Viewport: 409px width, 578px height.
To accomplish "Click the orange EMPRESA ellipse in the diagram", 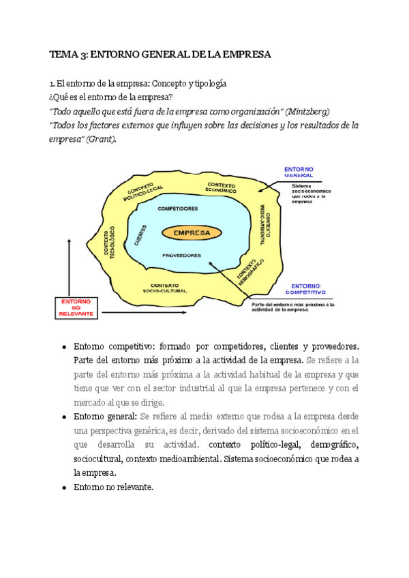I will (192, 233).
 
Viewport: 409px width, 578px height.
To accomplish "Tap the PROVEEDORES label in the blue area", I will (181, 256).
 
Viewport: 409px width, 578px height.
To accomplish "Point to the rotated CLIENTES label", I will (140, 234).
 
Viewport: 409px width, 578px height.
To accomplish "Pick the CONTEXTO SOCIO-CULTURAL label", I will (165, 288).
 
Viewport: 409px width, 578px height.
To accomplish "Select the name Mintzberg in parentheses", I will (311, 111).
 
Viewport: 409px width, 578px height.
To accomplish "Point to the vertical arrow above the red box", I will (69, 266).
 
